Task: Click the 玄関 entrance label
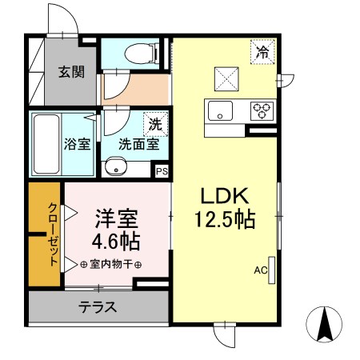coord(70,72)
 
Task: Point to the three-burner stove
coord(262,110)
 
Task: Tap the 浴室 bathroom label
coord(78,145)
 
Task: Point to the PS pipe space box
coord(162,170)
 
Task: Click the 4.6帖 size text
coord(115,240)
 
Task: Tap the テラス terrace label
coord(98,306)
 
